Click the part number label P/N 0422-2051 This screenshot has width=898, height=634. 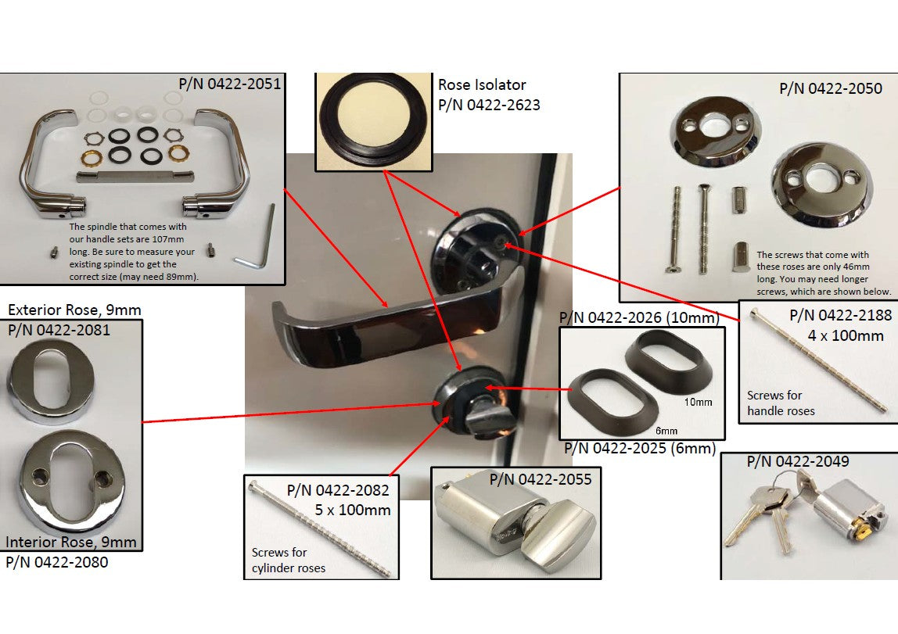[x=230, y=84]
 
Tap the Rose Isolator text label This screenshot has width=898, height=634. [x=482, y=84]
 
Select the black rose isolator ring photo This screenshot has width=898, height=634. [x=373, y=121]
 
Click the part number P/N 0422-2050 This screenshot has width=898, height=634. [x=831, y=88]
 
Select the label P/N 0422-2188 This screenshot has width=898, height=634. [x=840, y=315]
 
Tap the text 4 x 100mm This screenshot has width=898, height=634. [x=846, y=335]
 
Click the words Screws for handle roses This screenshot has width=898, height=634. [x=781, y=403]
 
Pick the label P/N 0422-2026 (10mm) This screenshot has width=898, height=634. [x=639, y=317]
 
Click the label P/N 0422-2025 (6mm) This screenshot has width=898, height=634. [x=641, y=448]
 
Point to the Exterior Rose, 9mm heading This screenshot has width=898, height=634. [x=74, y=310]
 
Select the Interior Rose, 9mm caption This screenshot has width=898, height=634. [x=71, y=542]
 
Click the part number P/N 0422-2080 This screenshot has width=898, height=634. [x=56, y=562]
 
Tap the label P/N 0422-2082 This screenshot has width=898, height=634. [x=338, y=490]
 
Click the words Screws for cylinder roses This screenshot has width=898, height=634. [x=289, y=561]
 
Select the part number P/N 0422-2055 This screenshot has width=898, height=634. [x=541, y=479]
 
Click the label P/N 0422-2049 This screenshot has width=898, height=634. [x=798, y=461]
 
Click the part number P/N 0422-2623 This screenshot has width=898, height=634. [x=489, y=105]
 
